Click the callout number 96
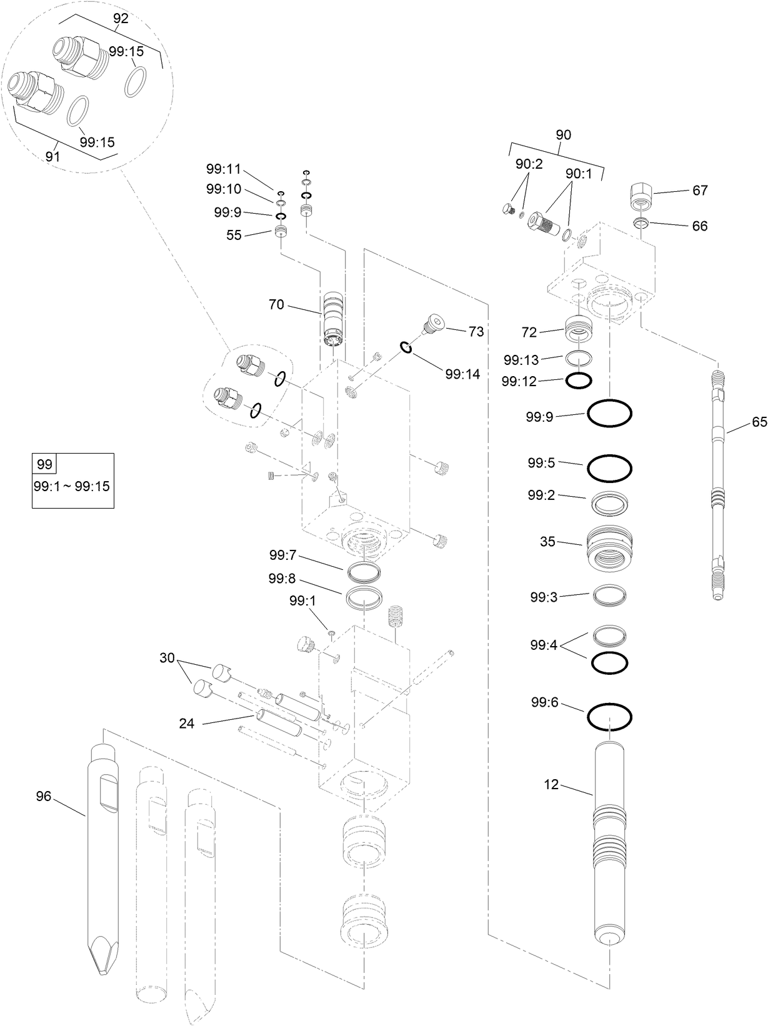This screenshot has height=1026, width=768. coord(43,796)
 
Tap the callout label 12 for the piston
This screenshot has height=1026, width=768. coord(551,784)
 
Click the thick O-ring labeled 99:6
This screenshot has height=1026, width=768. coord(609,717)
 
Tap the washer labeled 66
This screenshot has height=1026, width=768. coord(641,222)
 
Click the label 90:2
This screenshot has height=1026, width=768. coord(529,164)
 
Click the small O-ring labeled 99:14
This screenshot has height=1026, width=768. coord(406,347)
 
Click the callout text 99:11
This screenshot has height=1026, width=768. coord(223,168)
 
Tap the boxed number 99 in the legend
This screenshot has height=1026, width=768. coord(44,464)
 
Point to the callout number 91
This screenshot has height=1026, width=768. coord(53,156)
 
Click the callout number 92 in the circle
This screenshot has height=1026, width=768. coord(121,19)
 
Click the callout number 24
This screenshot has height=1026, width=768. coord(186,724)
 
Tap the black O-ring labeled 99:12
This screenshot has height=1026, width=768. coord(579,380)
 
